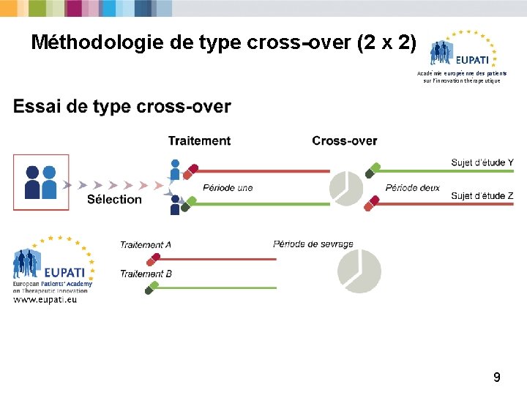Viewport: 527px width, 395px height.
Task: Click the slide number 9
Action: (x=497, y=377)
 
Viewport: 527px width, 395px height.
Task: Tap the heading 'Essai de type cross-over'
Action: (x=122, y=108)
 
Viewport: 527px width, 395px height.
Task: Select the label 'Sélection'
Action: (x=114, y=199)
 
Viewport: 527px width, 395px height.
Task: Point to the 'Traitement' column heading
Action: (x=199, y=140)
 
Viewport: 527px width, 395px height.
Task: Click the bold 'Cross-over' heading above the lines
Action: (x=345, y=140)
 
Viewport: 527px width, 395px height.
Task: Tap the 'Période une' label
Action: (x=228, y=188)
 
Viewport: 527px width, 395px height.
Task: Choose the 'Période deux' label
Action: (x=413, y=188)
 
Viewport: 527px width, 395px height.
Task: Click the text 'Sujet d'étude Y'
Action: (x=482, y=162)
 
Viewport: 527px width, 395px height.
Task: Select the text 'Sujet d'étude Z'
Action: (x=482, y=196)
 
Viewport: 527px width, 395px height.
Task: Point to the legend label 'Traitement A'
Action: (x=146, y=244)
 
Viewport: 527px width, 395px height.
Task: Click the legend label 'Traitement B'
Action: (x=146, y=274)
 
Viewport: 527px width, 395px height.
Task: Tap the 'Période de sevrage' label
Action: (x=313, y=244)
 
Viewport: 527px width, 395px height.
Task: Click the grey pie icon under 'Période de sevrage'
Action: (x=359, y=271)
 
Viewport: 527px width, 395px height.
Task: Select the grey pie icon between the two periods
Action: (x=346, y=187)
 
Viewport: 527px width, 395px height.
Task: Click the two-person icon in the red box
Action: (x=40, y=182)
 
